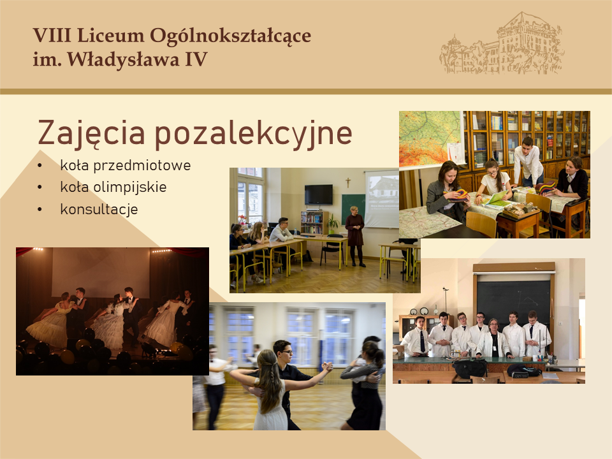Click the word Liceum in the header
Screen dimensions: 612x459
[x=110, y=36]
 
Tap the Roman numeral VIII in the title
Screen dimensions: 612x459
[x=52, y=36]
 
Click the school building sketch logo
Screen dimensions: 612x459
[x=503, y=43]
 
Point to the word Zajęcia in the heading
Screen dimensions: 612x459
[x=91, y=133]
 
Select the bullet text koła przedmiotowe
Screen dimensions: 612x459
[x=126, y=166]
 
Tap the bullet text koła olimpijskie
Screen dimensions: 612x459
[x=113, y=187]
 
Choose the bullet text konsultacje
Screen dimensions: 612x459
[x=99, y=209]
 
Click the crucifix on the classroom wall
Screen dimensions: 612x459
[x=347, y=182]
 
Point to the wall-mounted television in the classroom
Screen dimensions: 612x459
[x=319, y=195]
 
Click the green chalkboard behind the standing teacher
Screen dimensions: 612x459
[x=353, y=209]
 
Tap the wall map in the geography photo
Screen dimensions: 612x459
[x=430, y=138]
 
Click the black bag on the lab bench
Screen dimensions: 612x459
[x=470, y=368]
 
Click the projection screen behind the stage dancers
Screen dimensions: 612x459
[x=101, y=272]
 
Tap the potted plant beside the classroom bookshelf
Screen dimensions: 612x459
[x=333, y=224]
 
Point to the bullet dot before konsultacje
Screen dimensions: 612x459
[x=40, y=210]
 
